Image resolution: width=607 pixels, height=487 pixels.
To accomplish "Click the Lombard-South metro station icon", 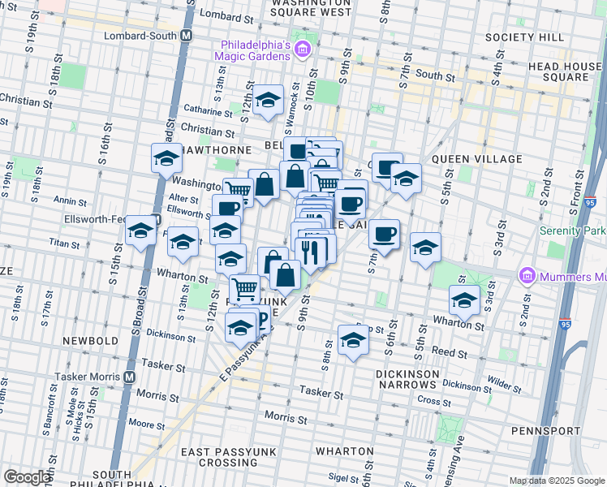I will click(187, 36).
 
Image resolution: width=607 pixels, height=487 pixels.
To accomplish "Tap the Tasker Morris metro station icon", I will click(129, 377).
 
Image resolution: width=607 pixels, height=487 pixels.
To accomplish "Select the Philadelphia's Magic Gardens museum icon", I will click(302, 51).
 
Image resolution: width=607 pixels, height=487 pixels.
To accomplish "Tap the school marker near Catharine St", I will click(267, 101).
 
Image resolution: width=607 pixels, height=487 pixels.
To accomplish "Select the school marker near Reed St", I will click(353, 340).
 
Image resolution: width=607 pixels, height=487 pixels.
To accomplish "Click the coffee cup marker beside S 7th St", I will click(385, 235).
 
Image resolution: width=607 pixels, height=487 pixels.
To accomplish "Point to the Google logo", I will click(27, 477).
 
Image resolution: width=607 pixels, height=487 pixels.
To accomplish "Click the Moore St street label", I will click(147, 424).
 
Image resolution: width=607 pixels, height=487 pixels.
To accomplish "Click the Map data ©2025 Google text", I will click(556, 481).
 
